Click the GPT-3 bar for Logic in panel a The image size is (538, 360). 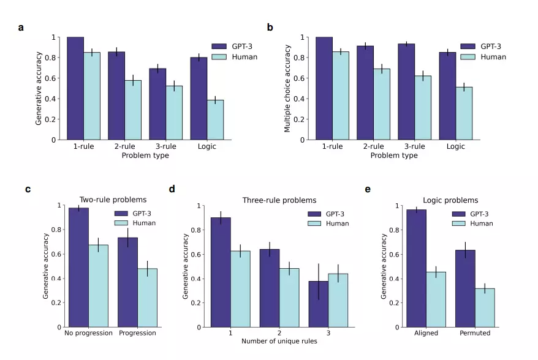point(199,99)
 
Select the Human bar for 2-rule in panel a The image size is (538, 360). point(133,110)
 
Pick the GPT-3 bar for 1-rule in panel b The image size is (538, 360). point(324,88)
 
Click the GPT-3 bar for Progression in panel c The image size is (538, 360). point(127,282)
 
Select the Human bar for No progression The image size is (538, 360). point(98,286)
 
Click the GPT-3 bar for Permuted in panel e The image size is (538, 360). point(466,288)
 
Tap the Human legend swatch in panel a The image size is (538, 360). point(219,57)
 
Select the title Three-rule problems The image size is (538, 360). point(279,200)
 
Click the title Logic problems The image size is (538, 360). point(450,200)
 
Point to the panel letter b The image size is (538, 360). point(270,28)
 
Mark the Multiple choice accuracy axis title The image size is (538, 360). point(287,88)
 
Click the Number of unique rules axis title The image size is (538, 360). point(279,341)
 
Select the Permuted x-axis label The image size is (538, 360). point(475,333)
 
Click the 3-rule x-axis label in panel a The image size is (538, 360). point(162,146)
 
